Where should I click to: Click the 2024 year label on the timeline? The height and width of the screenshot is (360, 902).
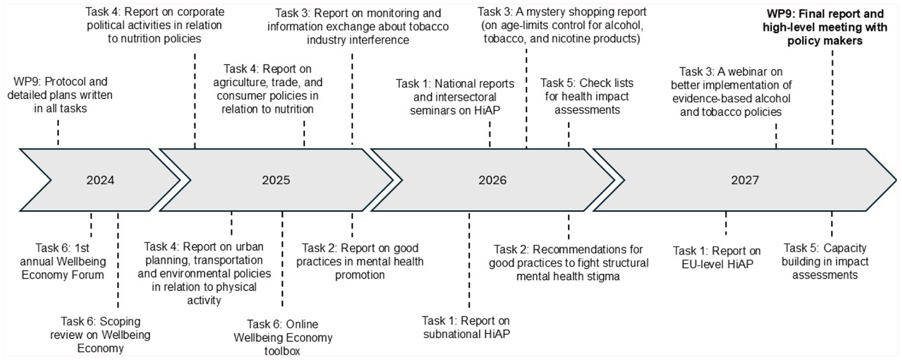click(100, 180)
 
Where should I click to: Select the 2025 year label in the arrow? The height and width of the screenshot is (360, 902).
click(276, 180)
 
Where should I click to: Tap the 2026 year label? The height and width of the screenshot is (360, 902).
click(492, 180)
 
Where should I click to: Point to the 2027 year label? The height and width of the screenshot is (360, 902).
click(745, 180)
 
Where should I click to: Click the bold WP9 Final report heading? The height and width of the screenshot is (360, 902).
click(825, 28)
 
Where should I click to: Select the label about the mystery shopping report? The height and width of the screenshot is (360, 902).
click(562, 25)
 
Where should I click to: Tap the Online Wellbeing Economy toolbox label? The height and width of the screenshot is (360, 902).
click(283, 338)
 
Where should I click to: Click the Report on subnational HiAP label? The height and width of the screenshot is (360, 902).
click(466, 327)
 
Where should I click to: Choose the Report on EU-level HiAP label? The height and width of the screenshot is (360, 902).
click(717, 258)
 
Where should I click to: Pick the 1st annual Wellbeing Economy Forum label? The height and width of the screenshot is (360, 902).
click(62, 262)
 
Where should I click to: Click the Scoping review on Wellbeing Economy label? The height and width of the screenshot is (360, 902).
click(100, 335)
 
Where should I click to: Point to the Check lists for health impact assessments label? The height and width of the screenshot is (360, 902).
click(587, 96)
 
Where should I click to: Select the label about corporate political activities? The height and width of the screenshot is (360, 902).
click(154, 25)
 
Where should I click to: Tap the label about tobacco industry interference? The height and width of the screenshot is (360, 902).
click(358, 27)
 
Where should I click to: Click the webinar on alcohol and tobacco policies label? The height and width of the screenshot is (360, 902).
click(731, 92)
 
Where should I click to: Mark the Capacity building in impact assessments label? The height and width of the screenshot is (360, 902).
click(825, 262)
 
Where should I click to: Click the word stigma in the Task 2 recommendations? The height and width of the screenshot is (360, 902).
click(603, 276)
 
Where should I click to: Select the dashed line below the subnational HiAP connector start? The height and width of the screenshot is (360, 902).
click(469, 261)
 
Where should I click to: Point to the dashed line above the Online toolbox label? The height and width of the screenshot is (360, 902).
click(282, 259)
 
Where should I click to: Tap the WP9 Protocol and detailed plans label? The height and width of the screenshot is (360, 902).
click(60, 95)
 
